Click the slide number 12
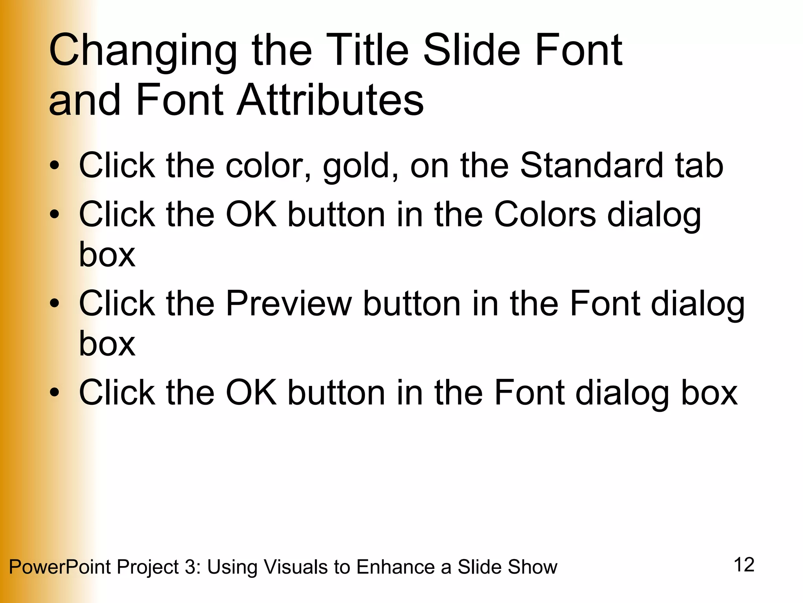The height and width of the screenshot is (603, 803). pos(744,565)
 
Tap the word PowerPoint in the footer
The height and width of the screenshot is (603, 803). pos(60,567)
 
